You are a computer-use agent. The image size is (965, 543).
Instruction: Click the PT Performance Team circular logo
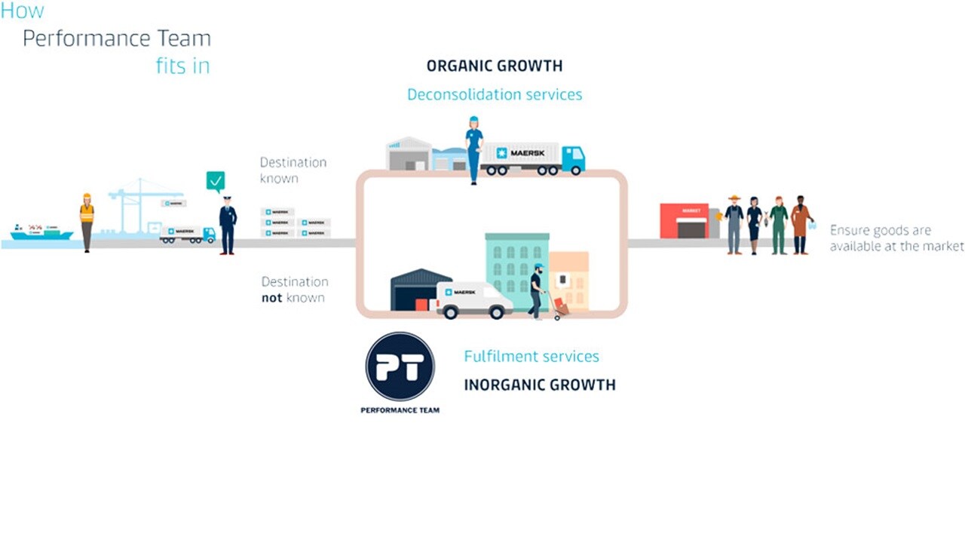(400, 367)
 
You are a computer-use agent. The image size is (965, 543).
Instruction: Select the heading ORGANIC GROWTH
(495, 66)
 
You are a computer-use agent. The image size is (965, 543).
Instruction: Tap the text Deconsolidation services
(495, 94)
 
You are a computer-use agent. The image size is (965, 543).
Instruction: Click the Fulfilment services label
(532, 356)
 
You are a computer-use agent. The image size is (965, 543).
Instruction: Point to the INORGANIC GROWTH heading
(540, 385)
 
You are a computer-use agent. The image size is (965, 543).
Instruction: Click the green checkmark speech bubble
(216, 181)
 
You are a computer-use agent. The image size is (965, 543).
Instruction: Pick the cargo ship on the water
(42, 232)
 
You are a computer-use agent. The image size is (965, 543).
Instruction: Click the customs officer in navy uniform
(227, 223)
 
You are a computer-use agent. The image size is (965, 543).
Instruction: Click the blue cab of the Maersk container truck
(573, 158)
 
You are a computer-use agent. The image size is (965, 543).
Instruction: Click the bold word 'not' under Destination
(271, 298)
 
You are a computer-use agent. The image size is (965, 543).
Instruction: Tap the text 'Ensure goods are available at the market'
(896, 238)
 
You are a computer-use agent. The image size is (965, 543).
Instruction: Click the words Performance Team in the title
(117, 38)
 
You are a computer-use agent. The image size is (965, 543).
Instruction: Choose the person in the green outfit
(778, 224)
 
